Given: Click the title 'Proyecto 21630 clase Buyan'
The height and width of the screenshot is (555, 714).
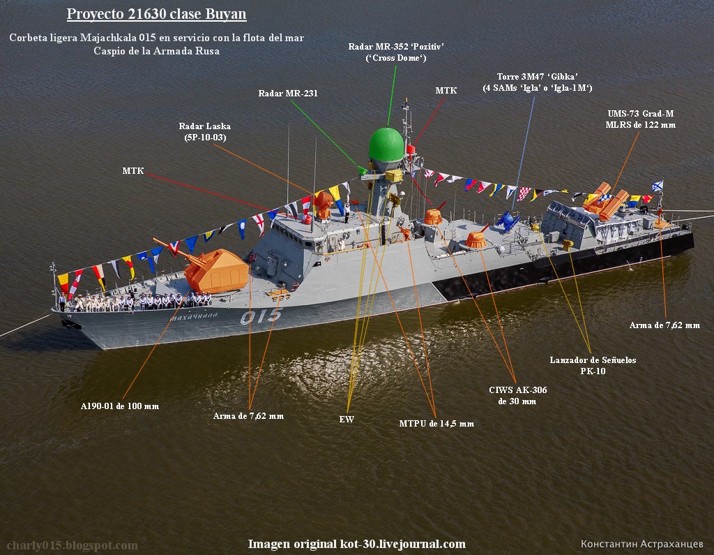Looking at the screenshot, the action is (x=156, y=14).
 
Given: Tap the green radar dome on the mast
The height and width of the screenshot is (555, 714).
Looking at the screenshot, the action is (x=386, y=145).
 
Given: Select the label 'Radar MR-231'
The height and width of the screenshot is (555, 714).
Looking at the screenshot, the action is (x=287, y=93).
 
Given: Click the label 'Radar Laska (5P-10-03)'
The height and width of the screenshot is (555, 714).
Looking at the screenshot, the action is (x=204, y=131).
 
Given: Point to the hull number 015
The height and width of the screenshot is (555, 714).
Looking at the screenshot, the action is (x=260, y=316).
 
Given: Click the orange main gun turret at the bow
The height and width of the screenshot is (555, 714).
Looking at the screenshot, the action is (x=216, y=270).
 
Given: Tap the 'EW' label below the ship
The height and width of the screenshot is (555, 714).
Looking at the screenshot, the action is (x=346, y=419).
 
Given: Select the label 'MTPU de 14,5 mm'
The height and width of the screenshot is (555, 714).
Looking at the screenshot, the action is (x=436, y=423).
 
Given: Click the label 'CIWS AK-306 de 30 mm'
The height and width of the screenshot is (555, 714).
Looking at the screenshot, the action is (x=517, y=395).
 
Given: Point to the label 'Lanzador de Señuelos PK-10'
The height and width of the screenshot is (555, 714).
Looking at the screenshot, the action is (x=593, y=365).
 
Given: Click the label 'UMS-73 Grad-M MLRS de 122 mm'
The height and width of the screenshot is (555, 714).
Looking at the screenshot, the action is (x=639, y=119).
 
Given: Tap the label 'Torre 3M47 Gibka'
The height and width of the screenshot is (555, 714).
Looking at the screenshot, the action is (x=537, y=82).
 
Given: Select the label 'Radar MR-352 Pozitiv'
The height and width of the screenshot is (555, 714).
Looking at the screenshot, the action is (x=396, y=52).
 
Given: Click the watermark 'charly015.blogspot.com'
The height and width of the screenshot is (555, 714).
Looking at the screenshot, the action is (x=72, y=545).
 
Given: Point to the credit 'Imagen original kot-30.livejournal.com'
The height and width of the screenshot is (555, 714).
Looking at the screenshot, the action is (x=356, y=544).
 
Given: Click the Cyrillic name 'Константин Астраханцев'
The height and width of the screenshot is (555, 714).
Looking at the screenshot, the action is (x=641, y=544).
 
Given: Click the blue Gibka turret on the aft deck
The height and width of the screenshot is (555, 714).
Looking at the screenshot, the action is (x=508, y=219).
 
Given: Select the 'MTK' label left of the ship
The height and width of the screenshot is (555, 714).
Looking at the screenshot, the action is (x=133, y=170).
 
